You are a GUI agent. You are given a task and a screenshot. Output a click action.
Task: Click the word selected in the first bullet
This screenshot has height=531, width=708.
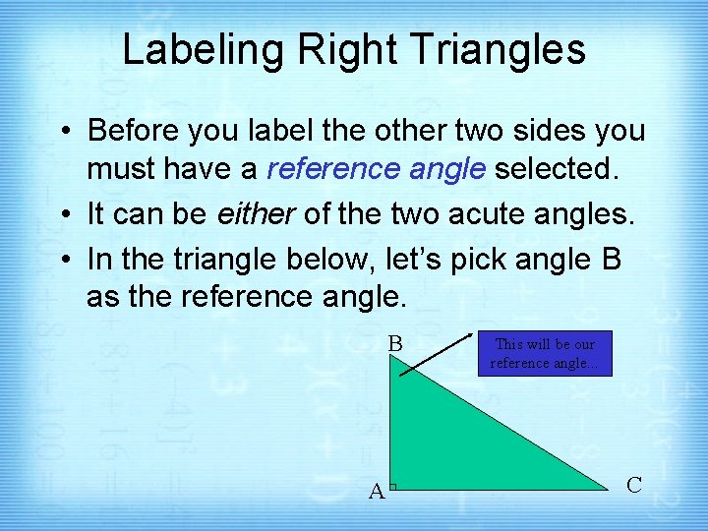point(558,170)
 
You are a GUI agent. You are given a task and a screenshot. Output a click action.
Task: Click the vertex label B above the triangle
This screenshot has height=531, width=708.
point(395,344)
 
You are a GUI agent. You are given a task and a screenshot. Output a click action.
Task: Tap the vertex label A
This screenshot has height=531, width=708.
point(376,491)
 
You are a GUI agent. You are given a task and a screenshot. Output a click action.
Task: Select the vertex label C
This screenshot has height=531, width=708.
point(634,485)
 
